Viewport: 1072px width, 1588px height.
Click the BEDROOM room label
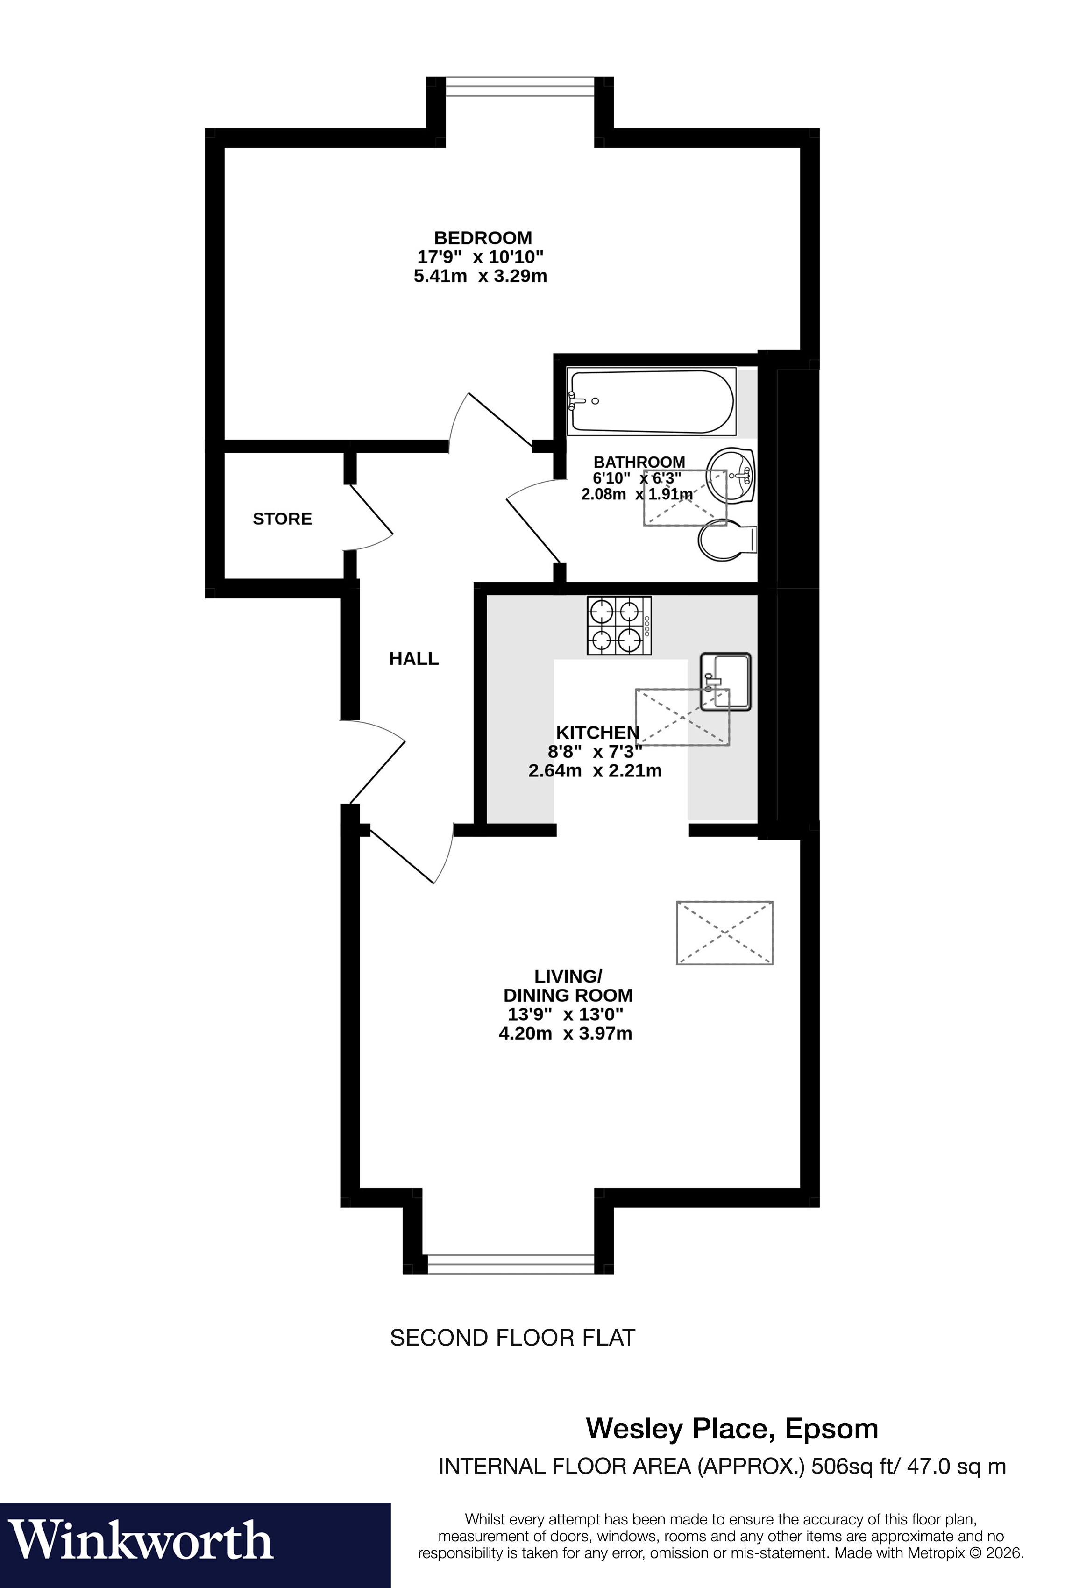483,238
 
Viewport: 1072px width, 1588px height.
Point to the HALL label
413,659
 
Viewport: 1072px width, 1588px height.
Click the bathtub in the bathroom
651,402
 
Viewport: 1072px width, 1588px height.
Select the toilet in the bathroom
726,540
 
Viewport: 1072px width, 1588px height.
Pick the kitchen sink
725,681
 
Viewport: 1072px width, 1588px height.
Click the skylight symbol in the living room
724,932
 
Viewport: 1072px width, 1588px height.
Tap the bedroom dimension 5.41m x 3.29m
480,276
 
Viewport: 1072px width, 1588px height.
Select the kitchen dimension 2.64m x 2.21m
595,771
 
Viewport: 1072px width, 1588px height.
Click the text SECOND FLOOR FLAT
512,1337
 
